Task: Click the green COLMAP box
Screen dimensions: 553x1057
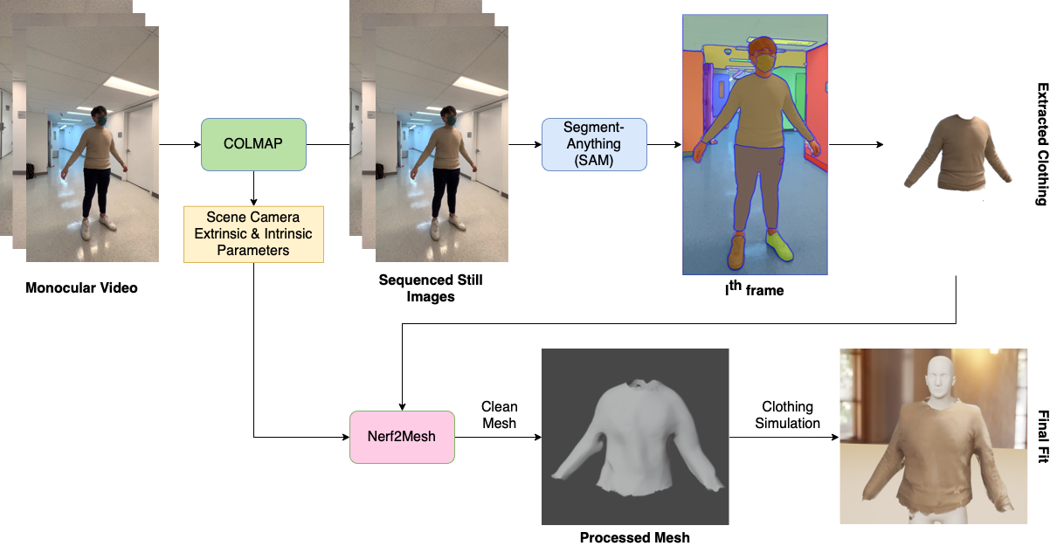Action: click(253, 144)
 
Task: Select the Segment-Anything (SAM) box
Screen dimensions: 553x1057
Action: click(594, 144)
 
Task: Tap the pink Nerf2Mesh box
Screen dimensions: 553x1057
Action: click(402, 437)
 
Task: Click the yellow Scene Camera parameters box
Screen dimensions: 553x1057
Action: click(253, 234)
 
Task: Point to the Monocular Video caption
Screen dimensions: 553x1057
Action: click(81, 287)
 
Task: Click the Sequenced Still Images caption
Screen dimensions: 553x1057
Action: click(430, 288)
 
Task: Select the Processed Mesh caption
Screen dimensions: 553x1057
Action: click(634, 537)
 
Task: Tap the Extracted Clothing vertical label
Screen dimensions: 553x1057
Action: click(1041, 144)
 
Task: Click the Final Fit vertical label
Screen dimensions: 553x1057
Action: click(1041, 436)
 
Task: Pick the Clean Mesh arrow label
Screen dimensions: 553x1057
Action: click(499, 415)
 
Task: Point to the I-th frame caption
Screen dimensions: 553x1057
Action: click(754, 288)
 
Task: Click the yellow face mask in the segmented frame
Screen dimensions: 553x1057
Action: click(763, 64)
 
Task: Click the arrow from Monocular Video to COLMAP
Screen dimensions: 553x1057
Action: click(179, 144)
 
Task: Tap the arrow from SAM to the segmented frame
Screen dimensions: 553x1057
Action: click(664, 144)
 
